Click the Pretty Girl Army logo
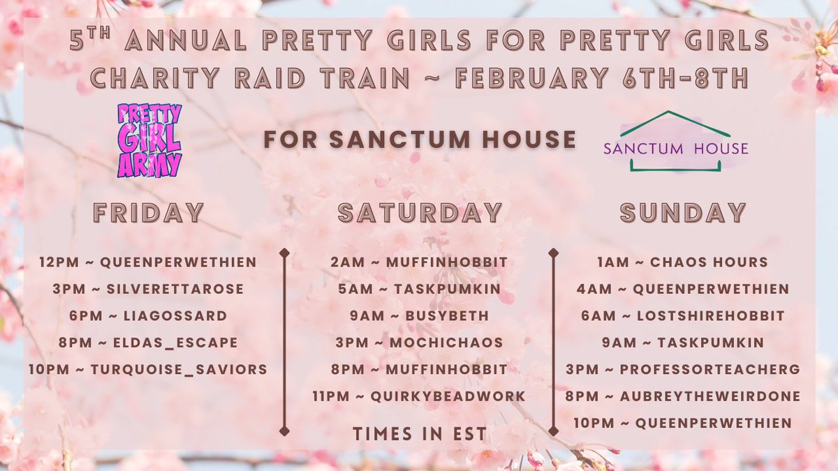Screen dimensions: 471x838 [149, 140]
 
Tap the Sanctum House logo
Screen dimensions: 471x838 [675, 142]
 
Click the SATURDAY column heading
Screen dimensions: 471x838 [420, 213]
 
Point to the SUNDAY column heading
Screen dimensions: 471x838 [684, 213]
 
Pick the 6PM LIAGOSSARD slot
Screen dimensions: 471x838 [147, 315]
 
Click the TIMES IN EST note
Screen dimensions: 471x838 [419, 433]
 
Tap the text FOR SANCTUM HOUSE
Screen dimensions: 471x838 [419, 140]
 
